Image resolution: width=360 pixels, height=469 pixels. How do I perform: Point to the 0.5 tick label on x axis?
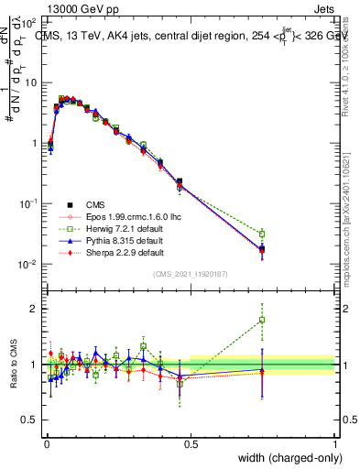[x=191, y=444]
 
